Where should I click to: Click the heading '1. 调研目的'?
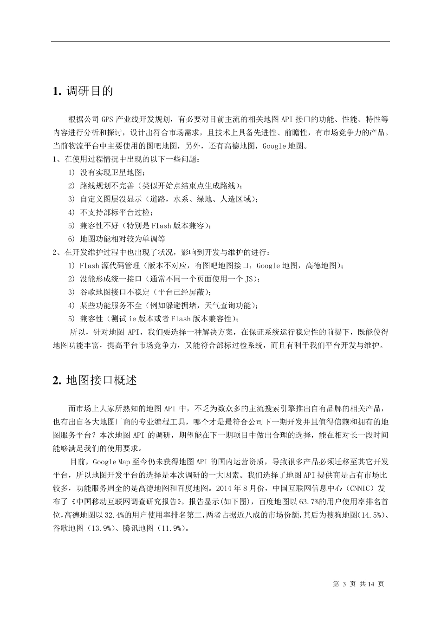coord(83,91)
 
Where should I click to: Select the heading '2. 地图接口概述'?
coord(95,380)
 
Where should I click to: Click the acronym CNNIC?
coord(357,488)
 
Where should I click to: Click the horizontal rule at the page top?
coord(220,42)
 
